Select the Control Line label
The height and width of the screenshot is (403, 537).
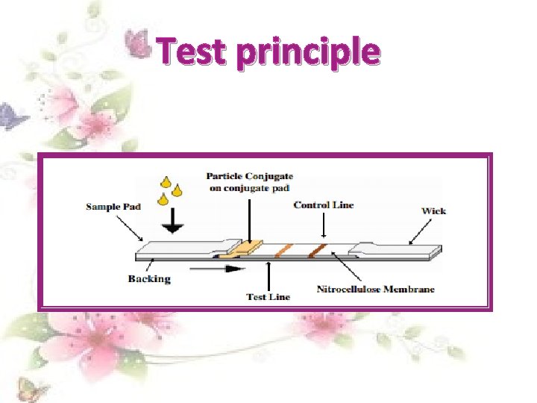(324, 204)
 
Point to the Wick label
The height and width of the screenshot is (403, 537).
(433, 210)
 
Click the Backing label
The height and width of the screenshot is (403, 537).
(149, 278)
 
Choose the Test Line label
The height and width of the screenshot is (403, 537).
(268, 296)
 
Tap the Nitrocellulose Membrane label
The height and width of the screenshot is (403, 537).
(375, 289)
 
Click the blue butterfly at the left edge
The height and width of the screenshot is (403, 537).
(9, 116)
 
